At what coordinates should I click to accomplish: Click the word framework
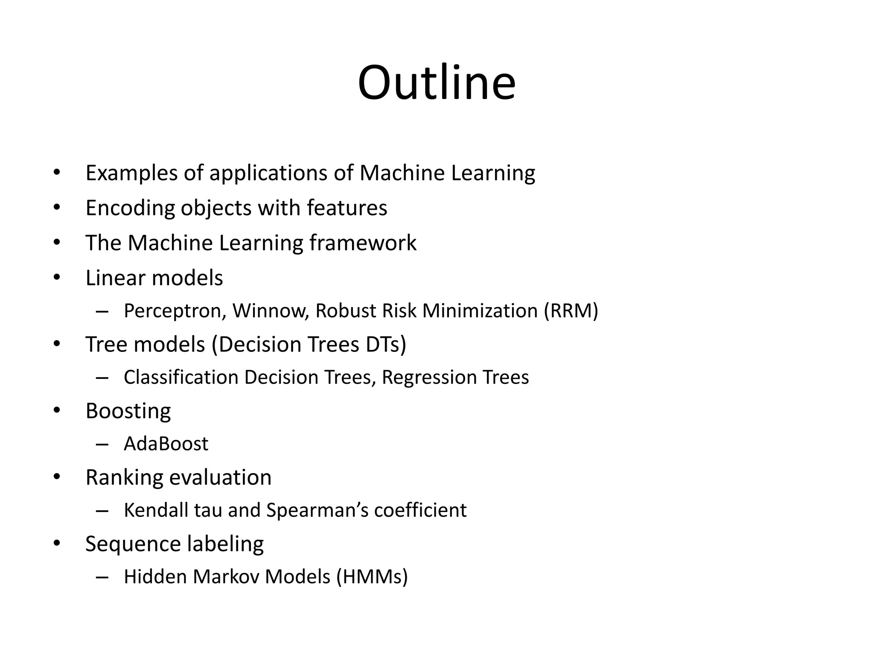[363, 243]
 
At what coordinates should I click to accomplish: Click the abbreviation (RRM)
[571, 311]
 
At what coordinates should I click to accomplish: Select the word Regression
[428, 378]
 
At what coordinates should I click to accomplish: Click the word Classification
[181, 378]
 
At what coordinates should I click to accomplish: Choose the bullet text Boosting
[128, 411]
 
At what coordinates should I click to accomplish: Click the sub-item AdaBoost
[166, 444]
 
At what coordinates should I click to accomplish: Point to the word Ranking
[124, 478]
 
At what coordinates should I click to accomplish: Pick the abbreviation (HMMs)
[372, 577]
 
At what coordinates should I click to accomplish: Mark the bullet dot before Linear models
[57, 278]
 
